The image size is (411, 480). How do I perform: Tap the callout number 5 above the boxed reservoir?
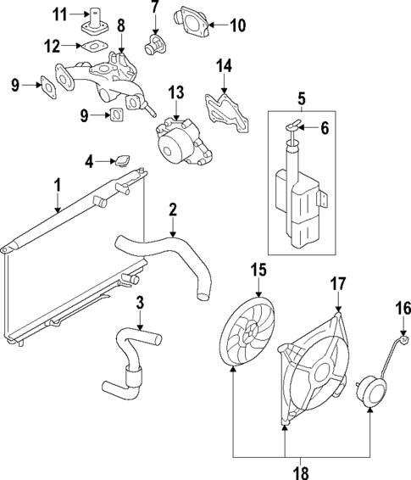click(x=300, y=98)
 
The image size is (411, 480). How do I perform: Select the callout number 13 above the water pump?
click(x=175, y=92)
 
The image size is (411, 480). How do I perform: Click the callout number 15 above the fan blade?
click(x=257, y=270)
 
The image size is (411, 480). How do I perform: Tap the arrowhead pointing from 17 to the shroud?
click(x=339, y=313)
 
